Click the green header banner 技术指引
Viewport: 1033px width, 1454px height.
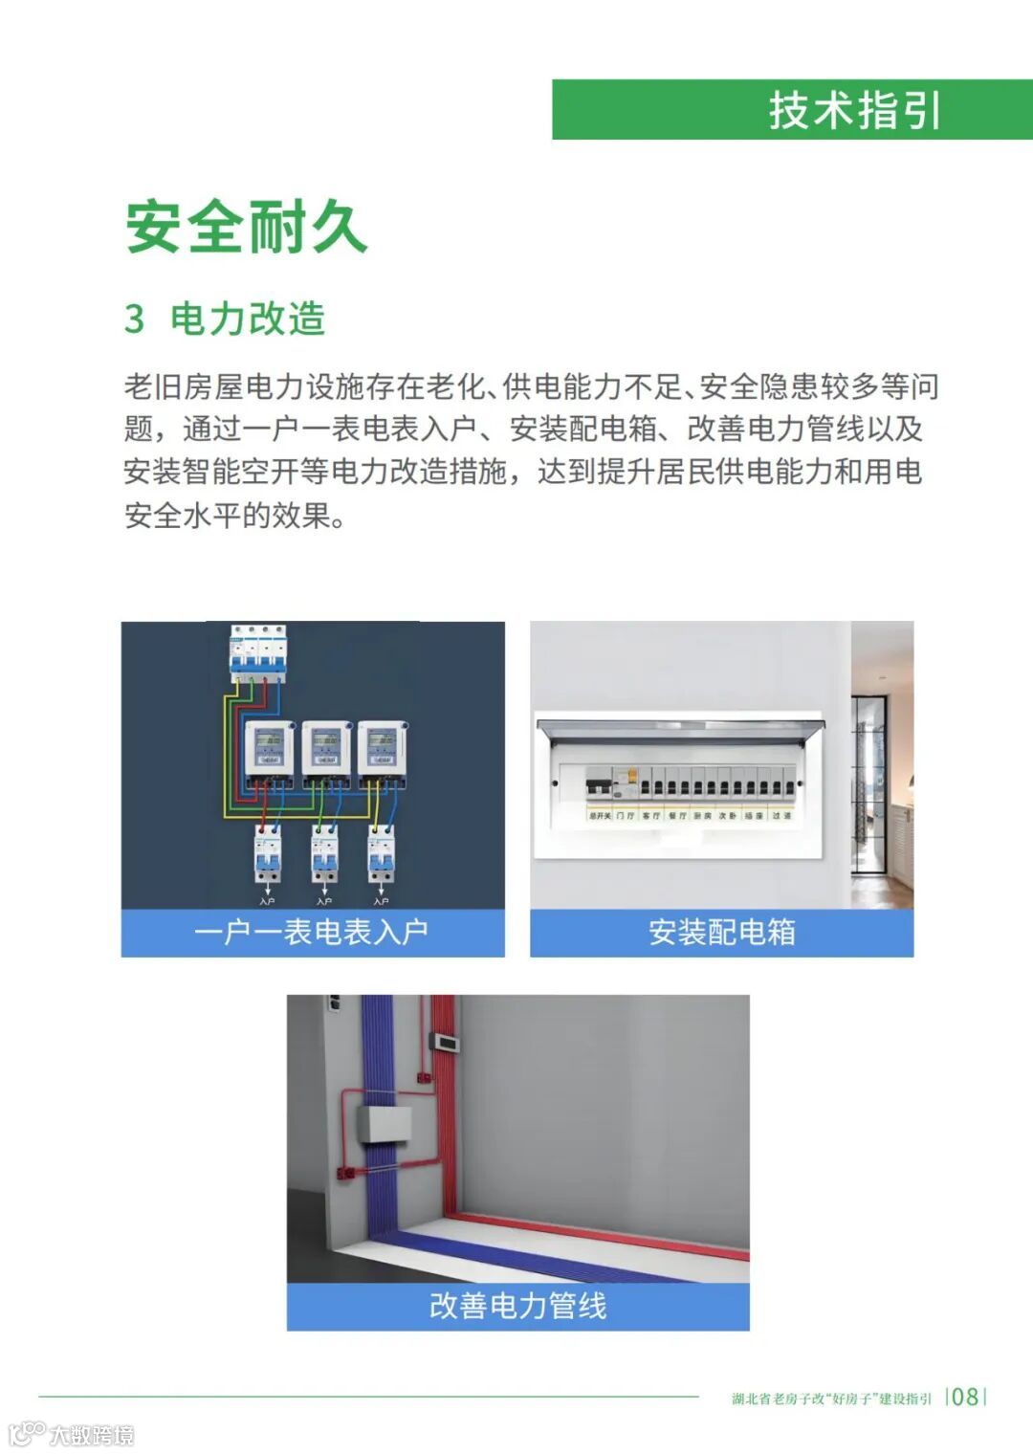pos(792,109)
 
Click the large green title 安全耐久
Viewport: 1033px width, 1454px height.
pos(246,227)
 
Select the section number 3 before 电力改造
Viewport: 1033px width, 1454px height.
pos(134,319)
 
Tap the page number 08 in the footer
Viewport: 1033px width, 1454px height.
pos(965,1397)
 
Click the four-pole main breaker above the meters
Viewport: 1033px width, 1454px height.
pos(257,652)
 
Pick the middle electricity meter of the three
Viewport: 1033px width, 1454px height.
pos(326,750)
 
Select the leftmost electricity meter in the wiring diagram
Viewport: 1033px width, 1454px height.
pos(270,750)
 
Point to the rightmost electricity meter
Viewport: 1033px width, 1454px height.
pos(383,750)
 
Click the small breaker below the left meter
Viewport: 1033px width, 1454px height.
pos(267,854)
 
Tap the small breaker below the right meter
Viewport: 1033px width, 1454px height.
pos(382,854)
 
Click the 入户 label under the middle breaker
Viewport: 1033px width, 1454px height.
pos(324,901)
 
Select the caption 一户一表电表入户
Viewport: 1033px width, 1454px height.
pos(312,932)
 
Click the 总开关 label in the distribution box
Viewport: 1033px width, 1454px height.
pos(599,816)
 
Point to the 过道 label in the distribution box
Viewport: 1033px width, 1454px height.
pos(781,816)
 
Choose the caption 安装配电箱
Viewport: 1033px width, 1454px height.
pos(721,932)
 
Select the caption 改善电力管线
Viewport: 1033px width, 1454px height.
pos(517,1306)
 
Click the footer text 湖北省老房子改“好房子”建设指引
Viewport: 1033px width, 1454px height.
pos(831,1399)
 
